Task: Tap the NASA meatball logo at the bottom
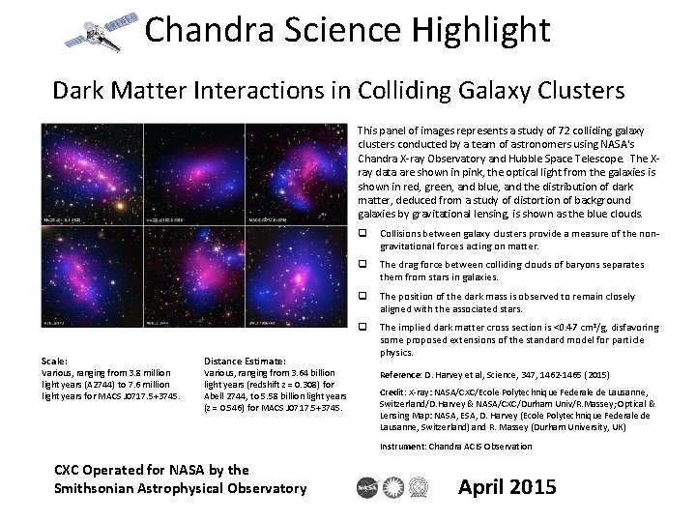tap(367, 486)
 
